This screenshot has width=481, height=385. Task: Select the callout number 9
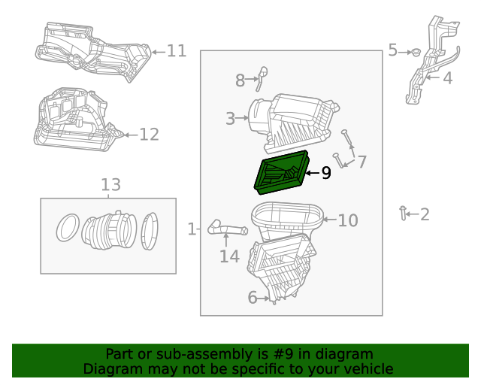325,173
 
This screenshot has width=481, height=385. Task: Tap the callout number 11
176,51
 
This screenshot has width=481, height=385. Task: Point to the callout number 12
149,135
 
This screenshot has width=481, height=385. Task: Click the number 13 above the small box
110,185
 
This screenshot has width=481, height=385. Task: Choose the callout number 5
393,50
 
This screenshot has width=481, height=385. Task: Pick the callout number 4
447,77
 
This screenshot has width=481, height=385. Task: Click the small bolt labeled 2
404,214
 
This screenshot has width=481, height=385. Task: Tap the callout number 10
347,220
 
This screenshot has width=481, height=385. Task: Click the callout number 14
229,256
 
